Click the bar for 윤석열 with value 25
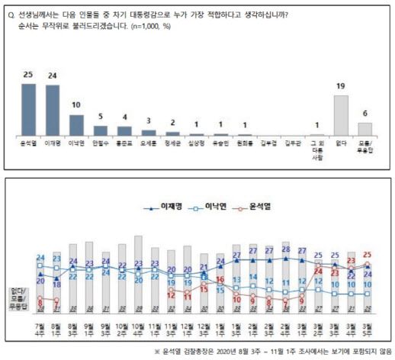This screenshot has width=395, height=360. (x=29, y=108)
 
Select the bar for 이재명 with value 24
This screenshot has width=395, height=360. (x=53, y=109)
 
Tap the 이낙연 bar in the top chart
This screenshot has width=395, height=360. (x=77, y=124)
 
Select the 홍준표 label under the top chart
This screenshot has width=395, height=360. (x=124, y=142)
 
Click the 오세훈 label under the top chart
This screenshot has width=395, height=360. (x=149, y=142)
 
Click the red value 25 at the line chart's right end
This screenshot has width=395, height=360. (x=368, y=255)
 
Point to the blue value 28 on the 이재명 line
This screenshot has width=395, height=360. (x=285, y=249)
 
